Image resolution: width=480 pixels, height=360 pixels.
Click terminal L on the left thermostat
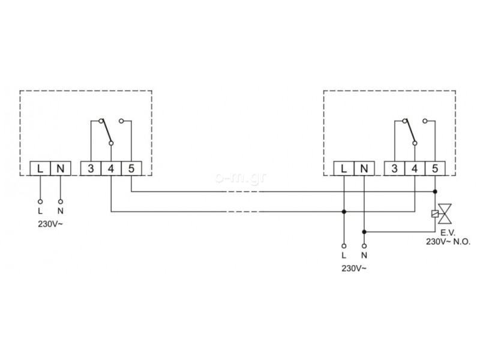tap(40, 169)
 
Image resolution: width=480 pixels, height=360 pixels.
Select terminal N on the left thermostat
tap(61, 169)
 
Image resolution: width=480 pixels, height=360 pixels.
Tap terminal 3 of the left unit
tap(91, 169)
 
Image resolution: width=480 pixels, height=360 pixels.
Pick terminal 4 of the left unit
tap(111, 169)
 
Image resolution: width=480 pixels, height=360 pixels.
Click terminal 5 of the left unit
tap(131, 169)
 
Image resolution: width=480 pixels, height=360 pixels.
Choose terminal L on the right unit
tap(344, 169)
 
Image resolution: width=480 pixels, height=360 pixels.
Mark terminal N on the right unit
tap(364, 169)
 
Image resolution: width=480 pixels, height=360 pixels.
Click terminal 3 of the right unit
tap(394, 169)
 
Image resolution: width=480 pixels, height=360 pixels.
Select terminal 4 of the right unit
tap(415, 169)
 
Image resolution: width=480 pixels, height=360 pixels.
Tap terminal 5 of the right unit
tap(435, 169)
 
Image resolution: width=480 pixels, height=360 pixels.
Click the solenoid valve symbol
tap(442, 214)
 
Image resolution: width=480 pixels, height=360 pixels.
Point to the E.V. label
tap(448, 233)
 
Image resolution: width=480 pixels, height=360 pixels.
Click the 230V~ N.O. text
tap(448, 242)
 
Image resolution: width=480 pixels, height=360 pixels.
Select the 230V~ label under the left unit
tap(50, 224)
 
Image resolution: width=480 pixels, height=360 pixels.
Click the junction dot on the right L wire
tap(344, 212)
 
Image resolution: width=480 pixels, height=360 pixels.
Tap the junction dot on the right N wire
tap(364, 232)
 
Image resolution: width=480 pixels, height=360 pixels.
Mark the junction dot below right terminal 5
tap(435, 191)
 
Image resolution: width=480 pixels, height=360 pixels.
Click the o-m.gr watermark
tap(241, 178)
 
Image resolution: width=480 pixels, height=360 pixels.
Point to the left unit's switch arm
tap(106, 131)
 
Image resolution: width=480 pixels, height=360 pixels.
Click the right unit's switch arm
tap(410, 131)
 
